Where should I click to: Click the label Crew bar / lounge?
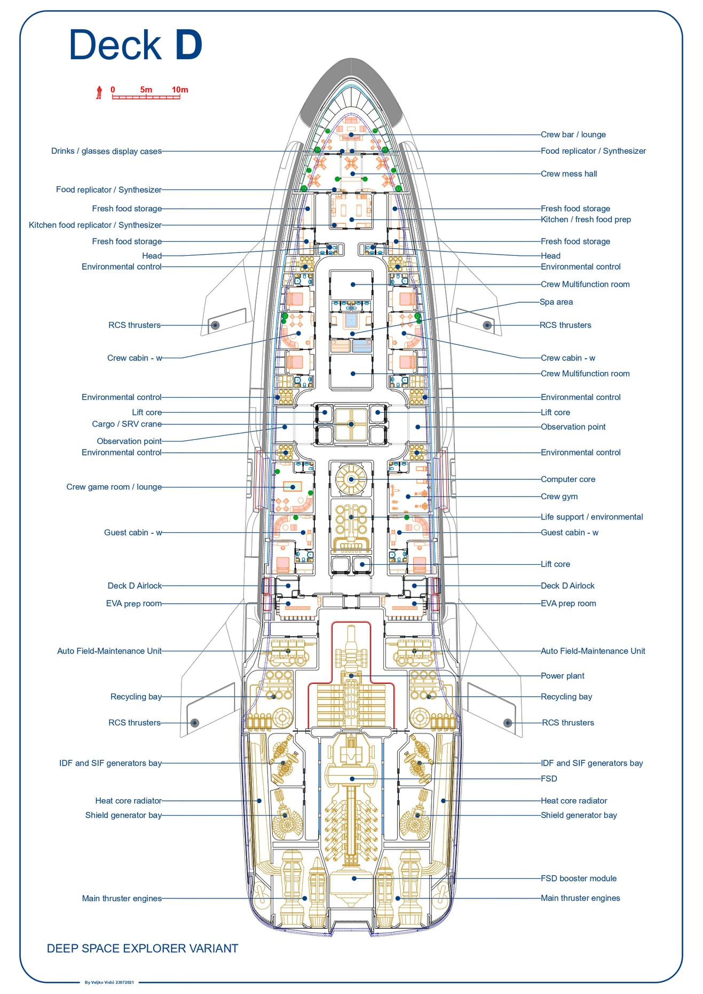[573, 135]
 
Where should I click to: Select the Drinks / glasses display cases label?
[106, 151]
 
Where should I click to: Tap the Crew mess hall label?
[568, 173]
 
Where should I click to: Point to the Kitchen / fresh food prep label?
[586, 219]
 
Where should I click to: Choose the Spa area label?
[556, 302]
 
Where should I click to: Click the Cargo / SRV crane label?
[127, 424]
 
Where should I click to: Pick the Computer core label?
[567, 479]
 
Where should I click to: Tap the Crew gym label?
[559, 496]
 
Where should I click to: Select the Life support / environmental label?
[591, 517]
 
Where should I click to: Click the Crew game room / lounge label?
[114, 487]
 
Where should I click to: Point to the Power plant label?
[562, 676]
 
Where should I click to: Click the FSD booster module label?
[578, 879]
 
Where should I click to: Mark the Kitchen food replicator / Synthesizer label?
[95, 225]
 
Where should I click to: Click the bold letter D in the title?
[188, 45]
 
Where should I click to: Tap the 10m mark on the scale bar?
[180, 90]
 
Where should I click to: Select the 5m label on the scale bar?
[146, 90]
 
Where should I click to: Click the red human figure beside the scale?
[99, 92]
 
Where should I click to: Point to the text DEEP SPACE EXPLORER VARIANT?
[143, 949]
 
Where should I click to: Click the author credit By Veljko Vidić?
[109, 982]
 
